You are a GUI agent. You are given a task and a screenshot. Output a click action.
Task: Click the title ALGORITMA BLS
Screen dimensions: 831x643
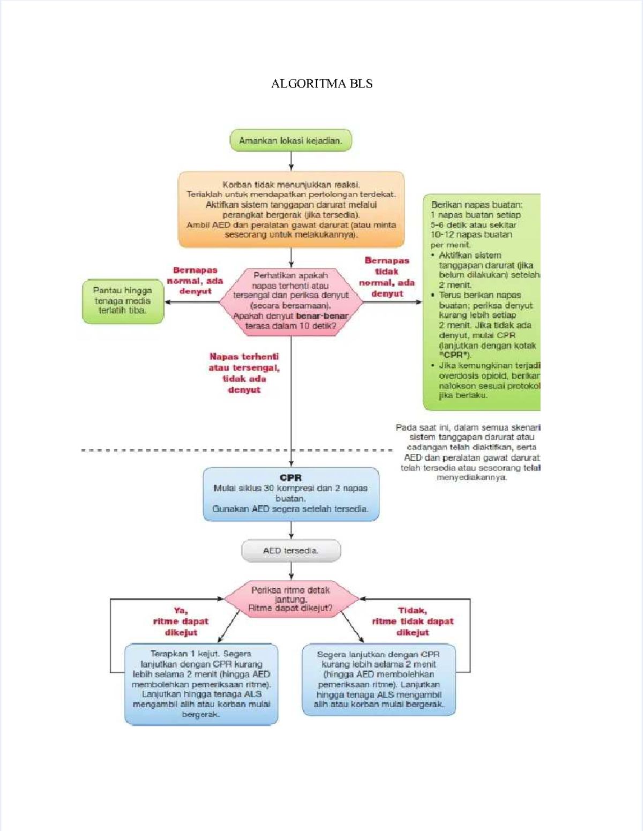(x=322, y=84)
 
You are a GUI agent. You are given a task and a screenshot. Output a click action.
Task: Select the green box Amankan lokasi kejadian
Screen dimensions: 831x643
(x=290, y=140)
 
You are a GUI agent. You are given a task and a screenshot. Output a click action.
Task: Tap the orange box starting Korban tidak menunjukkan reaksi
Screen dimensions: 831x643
(x=291, y=209)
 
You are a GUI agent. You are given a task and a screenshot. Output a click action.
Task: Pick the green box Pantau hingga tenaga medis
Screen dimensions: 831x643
(x=123, y=301)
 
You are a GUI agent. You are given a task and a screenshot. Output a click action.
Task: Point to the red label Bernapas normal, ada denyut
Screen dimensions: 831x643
(x=195, y=281)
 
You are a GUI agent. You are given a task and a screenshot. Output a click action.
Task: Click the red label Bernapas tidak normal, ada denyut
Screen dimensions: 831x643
(x=387, y=277)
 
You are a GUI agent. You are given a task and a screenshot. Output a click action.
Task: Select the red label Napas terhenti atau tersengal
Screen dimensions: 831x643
(x=244, y=373)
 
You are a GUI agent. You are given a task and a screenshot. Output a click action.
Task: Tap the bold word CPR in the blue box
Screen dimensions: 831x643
(x=290, y=477)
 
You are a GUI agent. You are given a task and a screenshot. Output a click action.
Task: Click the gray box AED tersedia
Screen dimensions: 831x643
(x=290, y=551)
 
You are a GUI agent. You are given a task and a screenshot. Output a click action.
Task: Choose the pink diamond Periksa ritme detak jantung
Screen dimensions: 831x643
(x=290, y=599)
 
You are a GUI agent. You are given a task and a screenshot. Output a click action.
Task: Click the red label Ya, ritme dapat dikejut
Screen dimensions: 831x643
(x=181, y=622)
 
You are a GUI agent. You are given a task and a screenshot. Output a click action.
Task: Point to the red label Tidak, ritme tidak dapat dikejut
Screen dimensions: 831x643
(x=413, y=622)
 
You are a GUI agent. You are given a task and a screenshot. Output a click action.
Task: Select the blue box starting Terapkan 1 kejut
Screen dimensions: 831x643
(x=201, y=684)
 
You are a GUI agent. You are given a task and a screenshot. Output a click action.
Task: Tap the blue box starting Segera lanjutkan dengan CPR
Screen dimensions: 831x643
(x=378, y=679)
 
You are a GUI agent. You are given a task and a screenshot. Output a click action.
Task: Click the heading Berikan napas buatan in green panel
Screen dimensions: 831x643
(x=476, y=205)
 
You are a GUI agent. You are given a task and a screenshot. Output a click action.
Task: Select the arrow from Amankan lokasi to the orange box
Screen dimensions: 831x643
(x=291, y=161)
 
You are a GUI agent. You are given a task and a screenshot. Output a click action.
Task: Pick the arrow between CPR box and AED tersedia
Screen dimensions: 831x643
(x=291, y=530)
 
